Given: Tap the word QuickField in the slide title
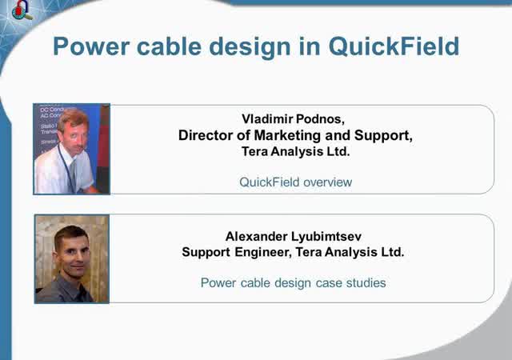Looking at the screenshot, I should (394, 46).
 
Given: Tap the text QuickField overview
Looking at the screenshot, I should (295, 182).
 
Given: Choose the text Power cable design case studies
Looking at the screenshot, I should (293, 282).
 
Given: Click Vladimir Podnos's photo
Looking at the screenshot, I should (71, 149).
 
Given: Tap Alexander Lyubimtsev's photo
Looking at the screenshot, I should (71, 258).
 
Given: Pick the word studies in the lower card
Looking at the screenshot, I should (366, 282).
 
